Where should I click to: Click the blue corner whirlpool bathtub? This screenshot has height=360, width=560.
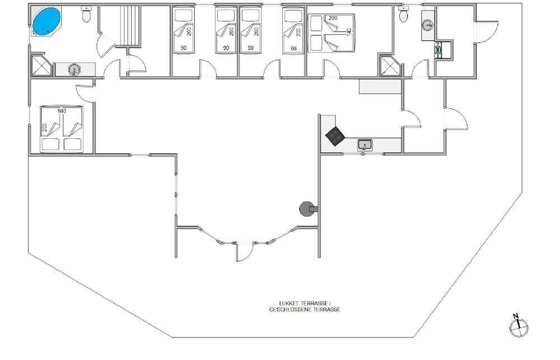coord(46,21)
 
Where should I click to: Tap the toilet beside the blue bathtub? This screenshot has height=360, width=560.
coord(86,14)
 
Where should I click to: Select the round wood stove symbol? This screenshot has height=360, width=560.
coord(306,209)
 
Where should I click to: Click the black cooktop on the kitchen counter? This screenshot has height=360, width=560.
coord(335,136)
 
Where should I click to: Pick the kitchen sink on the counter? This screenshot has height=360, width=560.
coord(365,145)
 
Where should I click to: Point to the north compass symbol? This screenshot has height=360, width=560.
coord(519,326)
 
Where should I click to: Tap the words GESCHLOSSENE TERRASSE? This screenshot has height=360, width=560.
coord(305,310)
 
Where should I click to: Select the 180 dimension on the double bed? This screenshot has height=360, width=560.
coord(62,111)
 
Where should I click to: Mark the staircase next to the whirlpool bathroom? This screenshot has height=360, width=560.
coord(129,26)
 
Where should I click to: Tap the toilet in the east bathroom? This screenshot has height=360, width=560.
coord(404,14)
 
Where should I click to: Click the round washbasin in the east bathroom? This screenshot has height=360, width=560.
coord(428,25)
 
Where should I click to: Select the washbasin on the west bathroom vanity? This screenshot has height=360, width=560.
coord(74,69)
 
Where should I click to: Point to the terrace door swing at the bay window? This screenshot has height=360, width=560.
coord(245,251)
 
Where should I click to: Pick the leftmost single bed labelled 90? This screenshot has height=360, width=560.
coord(184,31)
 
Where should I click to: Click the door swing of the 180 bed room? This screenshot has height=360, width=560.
coord(85,93)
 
